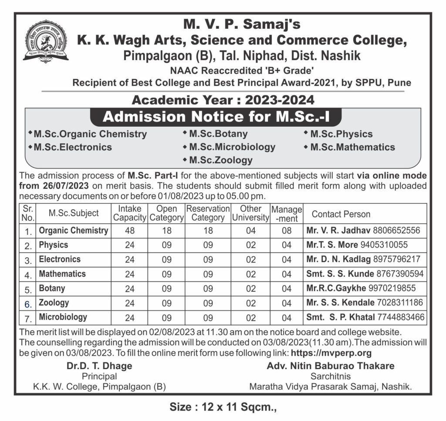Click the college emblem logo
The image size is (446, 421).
tap(46, 42)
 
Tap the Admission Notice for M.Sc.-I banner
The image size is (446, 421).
tap(216, 117)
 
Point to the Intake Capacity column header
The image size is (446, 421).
tap(130, 213)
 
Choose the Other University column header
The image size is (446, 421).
tap(251, 213)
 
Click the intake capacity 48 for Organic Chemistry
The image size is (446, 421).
tap(130, 231)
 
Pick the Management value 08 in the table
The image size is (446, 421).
tap(287, 231)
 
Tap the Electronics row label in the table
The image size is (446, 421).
tap(60, 259)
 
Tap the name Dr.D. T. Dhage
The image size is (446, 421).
tap(99, 366)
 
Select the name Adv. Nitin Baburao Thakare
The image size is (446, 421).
tap(331, 366)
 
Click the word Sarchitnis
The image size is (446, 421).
tap(331, 376)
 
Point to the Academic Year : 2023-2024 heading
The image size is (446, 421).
tap(223, 100)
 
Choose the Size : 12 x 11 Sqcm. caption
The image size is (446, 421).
tap(223, 408)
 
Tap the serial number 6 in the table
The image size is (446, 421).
tap(28, 303)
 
